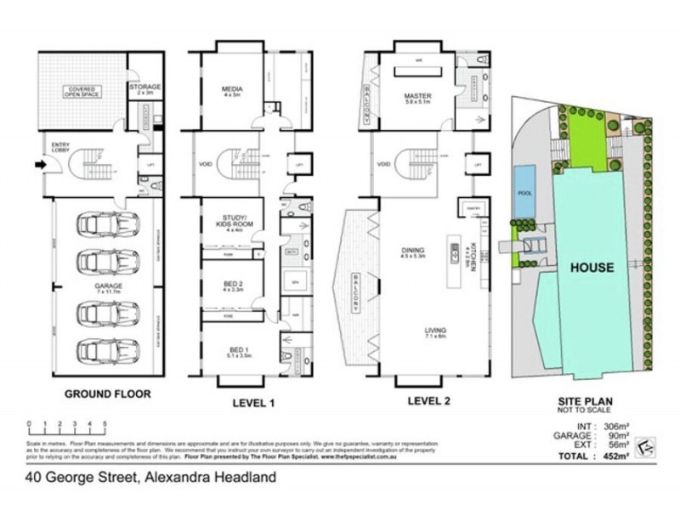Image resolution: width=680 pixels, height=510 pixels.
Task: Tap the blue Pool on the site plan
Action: [524, 194]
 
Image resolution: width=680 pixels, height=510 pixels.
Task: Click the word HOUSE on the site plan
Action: [592, 267]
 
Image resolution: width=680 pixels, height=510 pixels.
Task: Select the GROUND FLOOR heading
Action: [108, 394]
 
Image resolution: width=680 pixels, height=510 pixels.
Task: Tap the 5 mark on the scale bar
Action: [105, 422]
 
